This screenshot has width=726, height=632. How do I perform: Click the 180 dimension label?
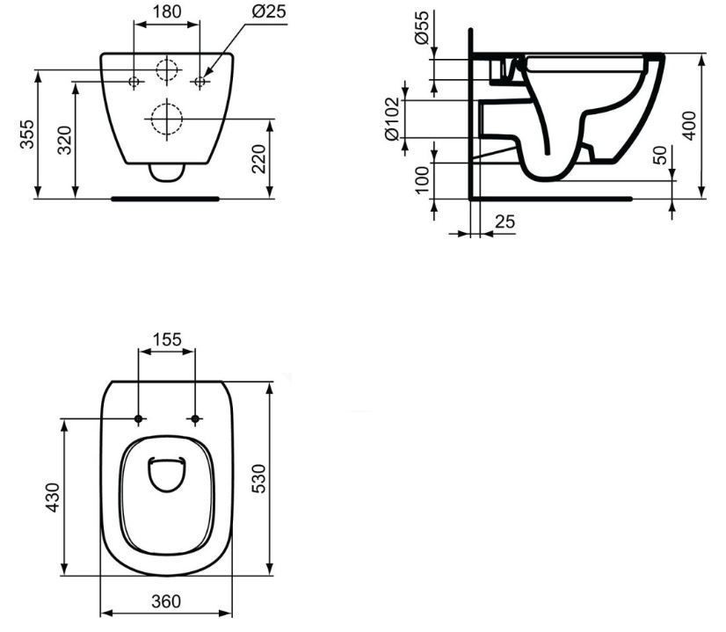pos(167,11)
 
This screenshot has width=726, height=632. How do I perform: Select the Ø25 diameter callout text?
pos(269,11)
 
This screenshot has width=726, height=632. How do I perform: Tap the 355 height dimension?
pos(27,134)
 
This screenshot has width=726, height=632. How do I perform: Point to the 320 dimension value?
pos(64,140)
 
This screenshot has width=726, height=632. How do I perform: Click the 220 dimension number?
pos(258,159)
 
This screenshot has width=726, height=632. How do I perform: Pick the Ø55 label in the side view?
pos(422,27)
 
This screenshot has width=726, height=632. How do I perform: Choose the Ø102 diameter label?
pos(392,119)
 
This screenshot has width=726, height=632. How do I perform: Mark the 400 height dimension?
pos(690,126)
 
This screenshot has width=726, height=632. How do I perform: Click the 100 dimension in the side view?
pos(422,180)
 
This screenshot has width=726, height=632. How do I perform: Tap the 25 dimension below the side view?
pos(505,222)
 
